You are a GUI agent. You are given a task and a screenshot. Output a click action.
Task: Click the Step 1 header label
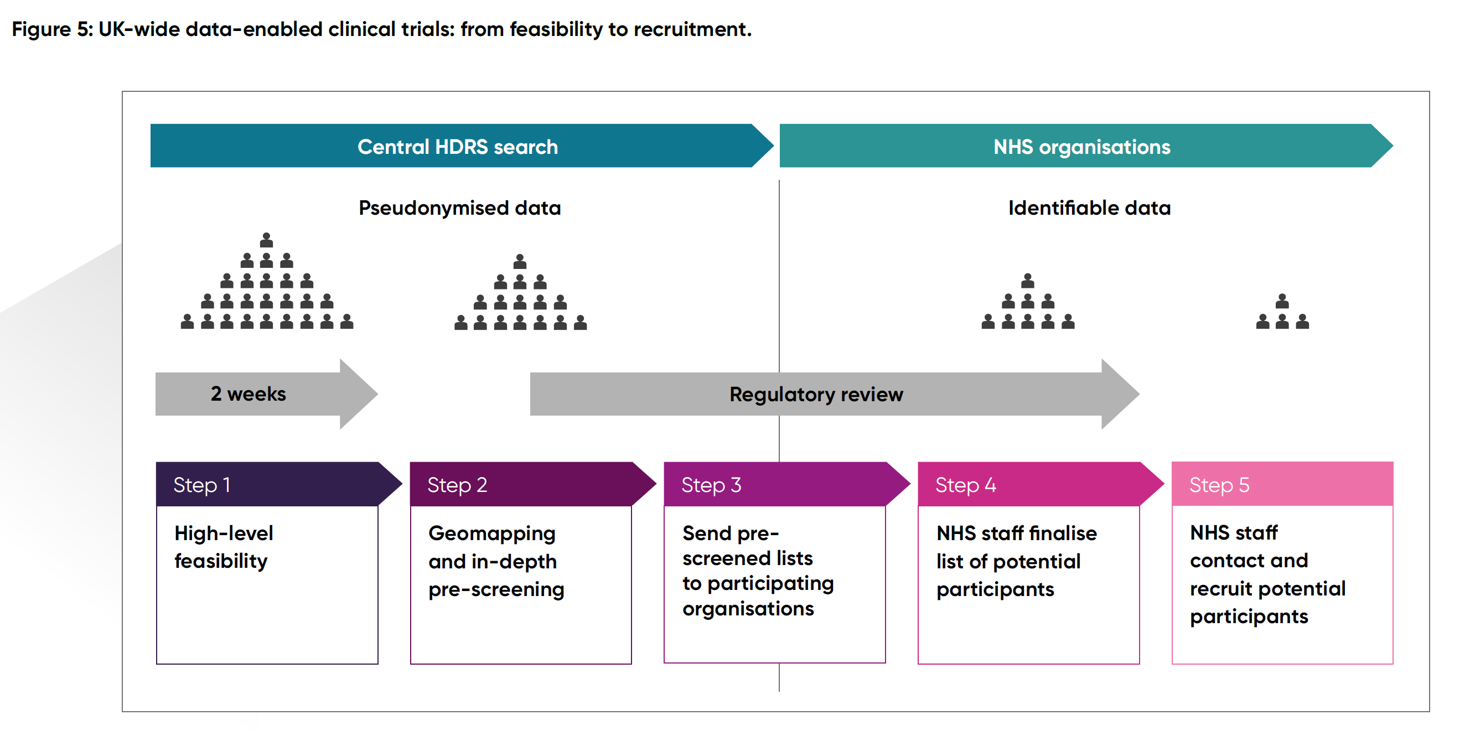click(201, 485)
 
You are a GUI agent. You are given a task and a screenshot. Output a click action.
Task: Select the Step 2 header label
click(457, 485)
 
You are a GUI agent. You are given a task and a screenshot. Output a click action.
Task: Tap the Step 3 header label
click(711, 485)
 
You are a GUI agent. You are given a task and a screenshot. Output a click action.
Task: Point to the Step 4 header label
click(965, 485)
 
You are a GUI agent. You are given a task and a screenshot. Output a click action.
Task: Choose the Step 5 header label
click(1218, 485)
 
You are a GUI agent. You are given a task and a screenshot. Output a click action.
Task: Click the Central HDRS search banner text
click(457, 147)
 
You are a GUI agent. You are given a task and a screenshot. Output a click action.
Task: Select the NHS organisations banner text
click(1081, 147)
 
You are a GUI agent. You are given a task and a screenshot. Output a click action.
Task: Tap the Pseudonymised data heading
click(459, 208)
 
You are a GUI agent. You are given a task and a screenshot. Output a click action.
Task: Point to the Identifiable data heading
click(1089, 208)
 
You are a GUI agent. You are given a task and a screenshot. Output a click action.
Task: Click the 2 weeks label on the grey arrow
click(249, 394)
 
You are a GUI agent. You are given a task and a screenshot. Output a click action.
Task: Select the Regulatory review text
click(815, 395)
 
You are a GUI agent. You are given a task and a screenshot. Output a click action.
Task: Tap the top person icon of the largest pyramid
click(267, 240)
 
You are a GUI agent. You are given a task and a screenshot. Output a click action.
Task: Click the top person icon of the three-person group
click(1282, 302)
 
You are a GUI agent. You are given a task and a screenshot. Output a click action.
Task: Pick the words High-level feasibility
click(223, 547)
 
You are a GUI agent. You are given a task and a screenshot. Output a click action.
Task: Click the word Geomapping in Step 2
click(491, 533)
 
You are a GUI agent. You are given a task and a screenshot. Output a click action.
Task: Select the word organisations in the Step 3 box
click(748, 609)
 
